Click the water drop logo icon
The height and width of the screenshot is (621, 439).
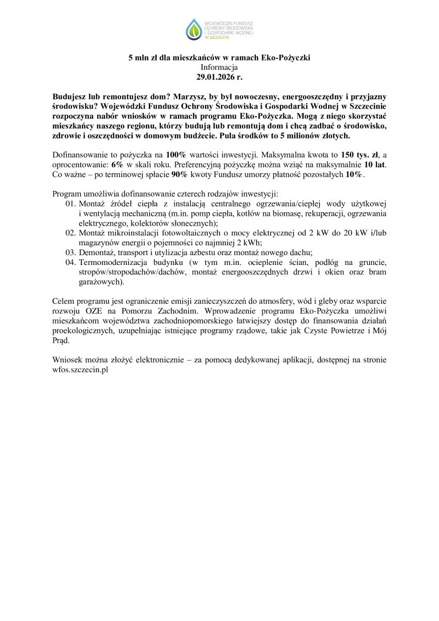(194, 29)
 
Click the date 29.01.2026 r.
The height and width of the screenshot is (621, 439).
(219, 77)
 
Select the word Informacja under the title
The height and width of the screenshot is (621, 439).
(219, 67)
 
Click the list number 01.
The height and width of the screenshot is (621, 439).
(71, 204)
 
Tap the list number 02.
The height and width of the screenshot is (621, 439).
(71, 233)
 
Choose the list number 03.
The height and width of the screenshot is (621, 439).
(71, 253)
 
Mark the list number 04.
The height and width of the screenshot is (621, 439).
(71, 262)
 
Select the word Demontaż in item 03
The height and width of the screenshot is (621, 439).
(96, 253)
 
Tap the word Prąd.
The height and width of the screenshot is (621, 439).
(61, 341)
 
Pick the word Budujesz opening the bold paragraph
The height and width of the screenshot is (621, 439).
(70, 97)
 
